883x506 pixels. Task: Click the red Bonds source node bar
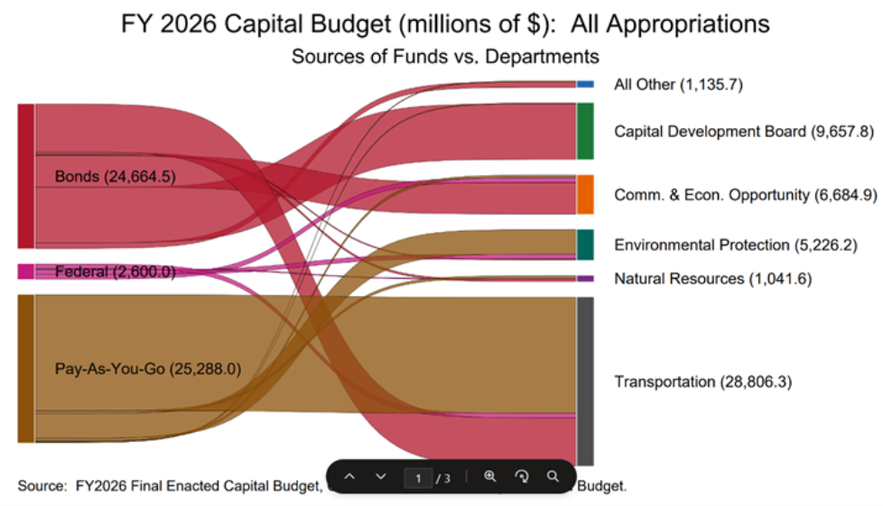pos(25,175)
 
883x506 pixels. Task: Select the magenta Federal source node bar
pos(25,271)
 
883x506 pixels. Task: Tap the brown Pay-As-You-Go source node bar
pos(25,368)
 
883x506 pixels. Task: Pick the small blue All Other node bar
pos(585,84)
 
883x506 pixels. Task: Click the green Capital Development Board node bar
pos(585,131)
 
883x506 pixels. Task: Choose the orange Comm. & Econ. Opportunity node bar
pos(585,195)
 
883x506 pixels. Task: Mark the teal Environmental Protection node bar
pos(585,244)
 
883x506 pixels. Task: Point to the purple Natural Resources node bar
pos(585,279)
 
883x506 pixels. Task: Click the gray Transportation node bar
pos(585,381)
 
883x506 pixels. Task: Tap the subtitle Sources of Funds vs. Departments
pos(444,57)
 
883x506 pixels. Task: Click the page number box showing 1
pos(417,477)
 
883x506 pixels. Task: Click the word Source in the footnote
pos(40,486)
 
